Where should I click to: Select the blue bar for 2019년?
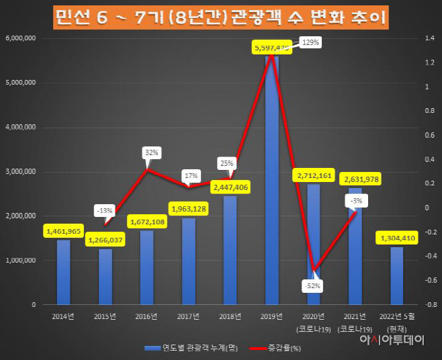click(x=271, y=181)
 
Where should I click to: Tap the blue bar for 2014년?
click(x=63, y=272)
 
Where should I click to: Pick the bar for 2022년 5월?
click(x=397, y=275)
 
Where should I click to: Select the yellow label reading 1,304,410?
click(x=398, y=238)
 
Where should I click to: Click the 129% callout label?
click(x=310, y=42)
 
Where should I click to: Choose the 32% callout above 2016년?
click(x=151, y=152)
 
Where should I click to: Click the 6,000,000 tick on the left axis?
click(x=20, y=38)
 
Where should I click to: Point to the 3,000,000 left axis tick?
click(x=20, y=171)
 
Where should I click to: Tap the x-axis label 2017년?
click(x=188, y=316)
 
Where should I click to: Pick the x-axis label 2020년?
click(x=314, y=316)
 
